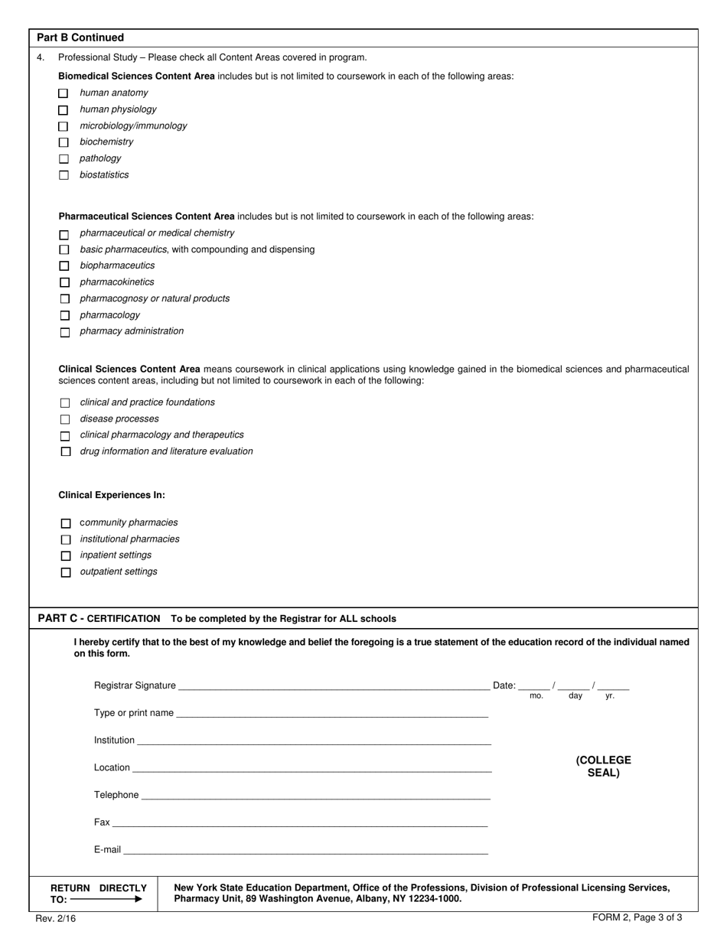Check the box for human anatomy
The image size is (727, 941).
(x=64, y=93)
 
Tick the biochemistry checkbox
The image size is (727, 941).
(x=64, y=142)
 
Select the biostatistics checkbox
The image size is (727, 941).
(x=64, y=175)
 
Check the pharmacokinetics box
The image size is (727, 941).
(x=64, y=282)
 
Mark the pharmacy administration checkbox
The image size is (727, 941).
(x=64, y=332)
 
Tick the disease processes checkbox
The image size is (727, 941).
(x=65, y=419)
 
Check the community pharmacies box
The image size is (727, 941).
(x=65, y=523)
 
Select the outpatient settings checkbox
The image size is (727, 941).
(x=65, y=572)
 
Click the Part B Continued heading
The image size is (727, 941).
(x=80, y=37)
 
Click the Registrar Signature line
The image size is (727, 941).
(x=333, y=686)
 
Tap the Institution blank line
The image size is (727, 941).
(x=314, y=741)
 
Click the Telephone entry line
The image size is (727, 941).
(x=315, y=796)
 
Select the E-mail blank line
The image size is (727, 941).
(x=306, y=850)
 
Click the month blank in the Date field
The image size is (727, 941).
(x=534, y=686)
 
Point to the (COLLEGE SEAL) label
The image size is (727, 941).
(x=603, y=767)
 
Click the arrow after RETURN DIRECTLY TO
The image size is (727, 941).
(x=106, y=900)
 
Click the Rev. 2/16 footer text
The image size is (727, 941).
(x=54, y=918)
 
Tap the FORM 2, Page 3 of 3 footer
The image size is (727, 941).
(x=637, y=917)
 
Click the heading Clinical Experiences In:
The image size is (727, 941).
(x=112, y=495)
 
